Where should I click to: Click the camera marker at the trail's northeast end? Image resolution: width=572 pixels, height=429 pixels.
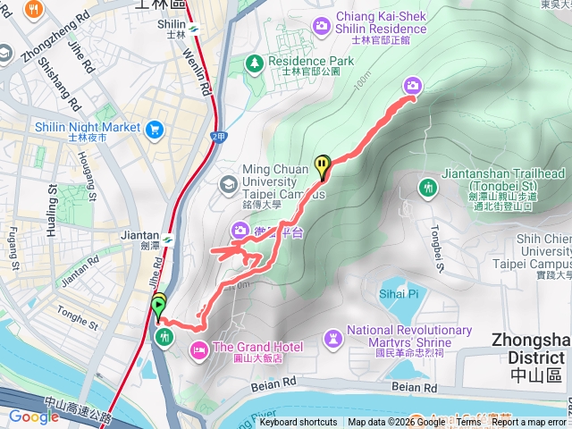[413, 86]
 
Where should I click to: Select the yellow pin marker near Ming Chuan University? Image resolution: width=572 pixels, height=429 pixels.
[322, 164]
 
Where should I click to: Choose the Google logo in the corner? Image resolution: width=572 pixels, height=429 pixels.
[34, 416]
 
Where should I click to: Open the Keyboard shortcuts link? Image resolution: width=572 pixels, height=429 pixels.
[299, 423]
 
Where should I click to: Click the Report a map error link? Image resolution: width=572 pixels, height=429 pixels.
[528, 423]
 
